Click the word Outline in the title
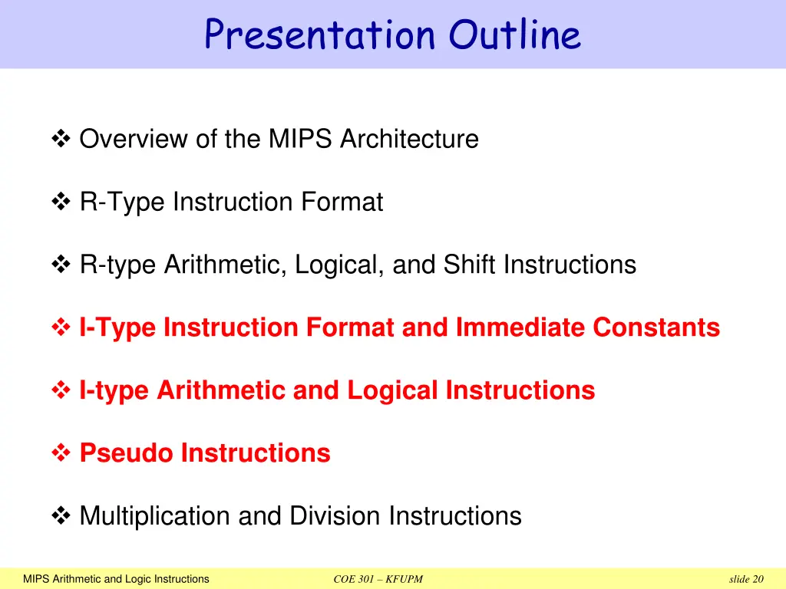coord(515,35)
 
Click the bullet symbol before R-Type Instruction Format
coord(61,202)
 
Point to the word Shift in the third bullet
coord(471,265)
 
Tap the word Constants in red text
coord(656,327)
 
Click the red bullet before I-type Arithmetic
coord(61,391)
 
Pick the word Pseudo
coord(127,453)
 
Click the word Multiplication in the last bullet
coord(155,516)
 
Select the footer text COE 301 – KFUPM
coord(378,579)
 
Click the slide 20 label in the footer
coord(747,579)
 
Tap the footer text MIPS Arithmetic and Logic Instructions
coord(116,579)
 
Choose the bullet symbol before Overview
coord(61,140)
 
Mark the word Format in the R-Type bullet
coord(342,202)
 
